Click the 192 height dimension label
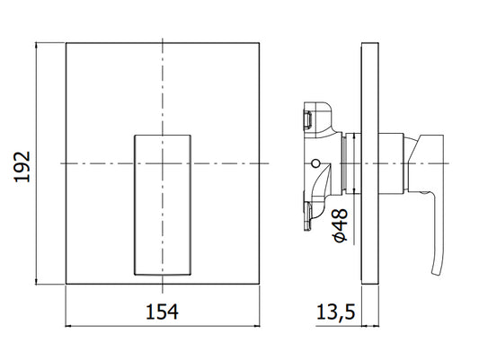(x=22, y=167)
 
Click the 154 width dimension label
(x=162, y=312)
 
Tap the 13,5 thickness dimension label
(x=335, y=312)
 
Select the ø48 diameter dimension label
(x=341, y=225)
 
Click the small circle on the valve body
(x=315, y=163)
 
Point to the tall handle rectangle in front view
(x=163, y=205)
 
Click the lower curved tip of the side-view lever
(x=436, y=272)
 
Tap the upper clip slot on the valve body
(x=307, y=119)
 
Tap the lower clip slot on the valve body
(x=307, y=215)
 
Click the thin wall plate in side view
(x=370, y=163)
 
